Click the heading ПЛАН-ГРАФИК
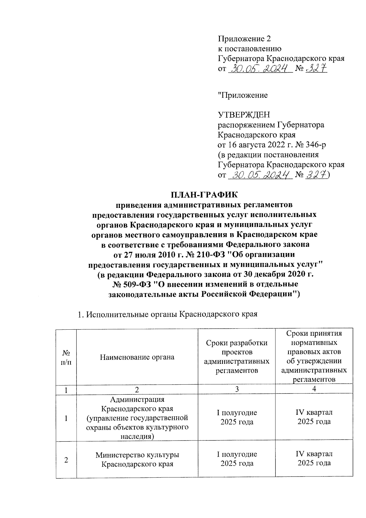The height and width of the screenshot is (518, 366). pyautogui.click(x=204, y=194)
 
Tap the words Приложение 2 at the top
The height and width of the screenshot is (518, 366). pyautogui.click(x=244, y=39)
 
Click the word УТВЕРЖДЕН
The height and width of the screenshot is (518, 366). pyautogui.click(x=244, y=115)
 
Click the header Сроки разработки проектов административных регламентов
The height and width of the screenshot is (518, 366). pyautogui.click(x=237, y=357)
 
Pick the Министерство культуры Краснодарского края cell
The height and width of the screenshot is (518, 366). pyautogui.click(x=137, y=459)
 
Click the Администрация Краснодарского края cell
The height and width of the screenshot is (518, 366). pyautogui.click(x=137, y=418)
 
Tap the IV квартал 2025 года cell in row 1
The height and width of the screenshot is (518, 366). pyautogui.click(x=314, y=417)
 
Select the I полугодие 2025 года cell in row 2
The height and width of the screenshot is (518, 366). pyautogui.click(x=237, y=459)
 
